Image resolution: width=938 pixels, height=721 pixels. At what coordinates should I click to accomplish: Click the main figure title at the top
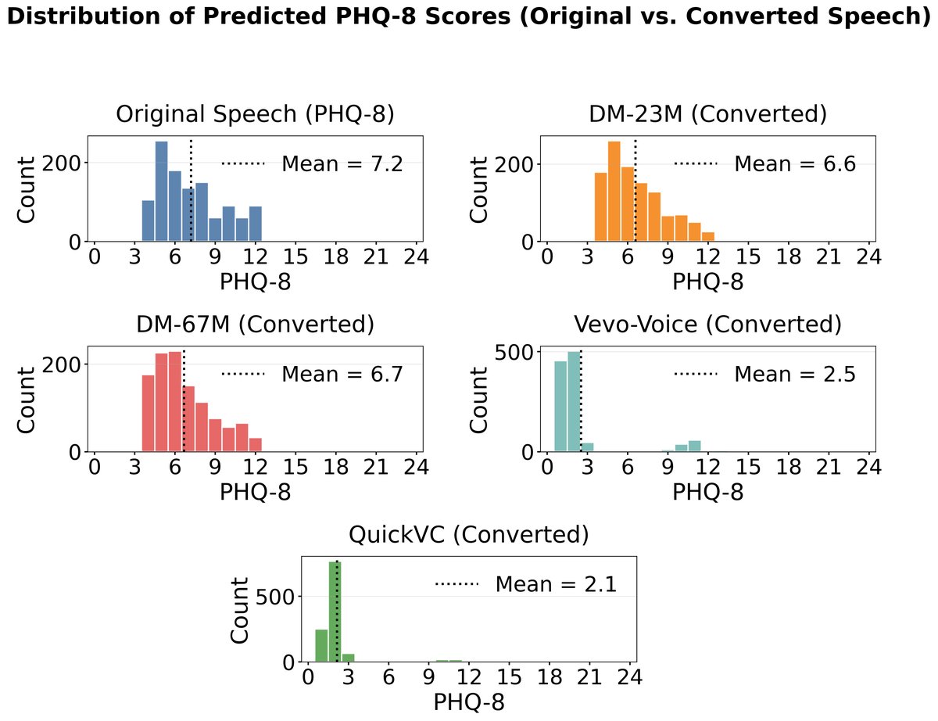pyautogui.click(x=469, y=20)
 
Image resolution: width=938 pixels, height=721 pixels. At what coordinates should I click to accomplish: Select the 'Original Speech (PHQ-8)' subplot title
pyautogui.click(x=255, y=114)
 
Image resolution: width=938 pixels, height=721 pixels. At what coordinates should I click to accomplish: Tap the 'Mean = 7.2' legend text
pyautogui.click(x=342, y=164)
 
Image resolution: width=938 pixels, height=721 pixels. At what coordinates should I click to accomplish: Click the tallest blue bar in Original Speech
pyautogui.click(x=162, y=191)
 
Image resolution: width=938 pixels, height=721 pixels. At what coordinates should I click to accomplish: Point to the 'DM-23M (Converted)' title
pyautogui.click(x=707, y=114)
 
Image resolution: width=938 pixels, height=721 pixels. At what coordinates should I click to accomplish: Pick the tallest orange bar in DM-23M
pyautogui.click(x=614, y=191)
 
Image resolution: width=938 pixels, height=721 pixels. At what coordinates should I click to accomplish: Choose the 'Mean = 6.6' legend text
pyautogui.click(x=795, y=164)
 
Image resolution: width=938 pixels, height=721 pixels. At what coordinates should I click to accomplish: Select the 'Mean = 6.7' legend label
pyautogui.click(x=342, y=374)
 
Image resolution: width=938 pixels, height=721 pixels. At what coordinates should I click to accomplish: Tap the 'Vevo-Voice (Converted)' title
pyautogui.click(x=707, y=325)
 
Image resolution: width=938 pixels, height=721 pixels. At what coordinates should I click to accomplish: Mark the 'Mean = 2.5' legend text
pyautogui.click(x=795, y=374)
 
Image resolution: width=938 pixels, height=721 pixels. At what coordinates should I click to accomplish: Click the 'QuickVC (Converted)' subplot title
pyautogui.click(x=468, y=535)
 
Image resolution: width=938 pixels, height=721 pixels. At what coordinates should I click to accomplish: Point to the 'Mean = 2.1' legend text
pyautogui.click(x=556, y=584)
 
